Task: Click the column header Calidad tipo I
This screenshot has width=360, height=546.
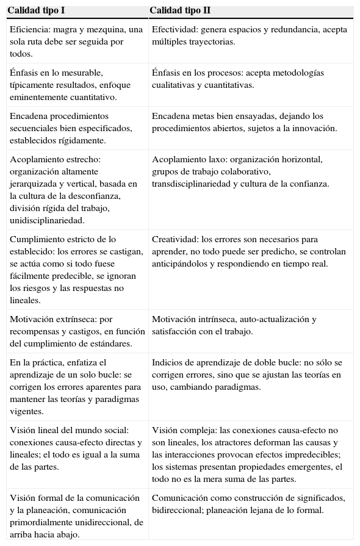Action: (x=36, y=10)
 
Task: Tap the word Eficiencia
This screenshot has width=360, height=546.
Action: (x=29, y=29)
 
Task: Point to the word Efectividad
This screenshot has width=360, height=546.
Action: (x=174, y=29)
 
